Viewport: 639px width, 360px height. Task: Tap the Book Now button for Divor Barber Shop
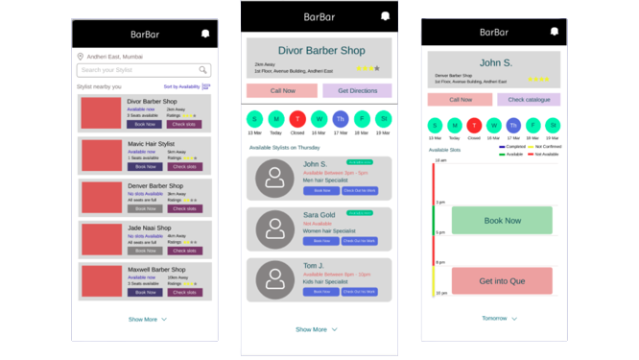tap(145, 124)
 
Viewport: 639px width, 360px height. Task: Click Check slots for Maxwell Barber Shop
tap(184, 293)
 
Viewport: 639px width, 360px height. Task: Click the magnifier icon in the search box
tap(203, 70)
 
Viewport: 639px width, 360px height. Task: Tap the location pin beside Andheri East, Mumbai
tap(80, 57)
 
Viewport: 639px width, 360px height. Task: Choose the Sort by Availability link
tap(181, 86)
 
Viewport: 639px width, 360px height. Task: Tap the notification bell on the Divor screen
tap(385, 16)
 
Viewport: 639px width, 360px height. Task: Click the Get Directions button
tap(357, 90)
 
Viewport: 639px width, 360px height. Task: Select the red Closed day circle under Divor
tap(297, 119)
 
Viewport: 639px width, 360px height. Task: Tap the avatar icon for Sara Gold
tap(274, 229)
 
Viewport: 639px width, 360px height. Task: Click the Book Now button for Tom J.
tap(321, 292)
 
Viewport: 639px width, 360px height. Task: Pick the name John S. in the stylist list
tap(315, 164)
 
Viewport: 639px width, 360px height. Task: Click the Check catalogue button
tap(529, 99)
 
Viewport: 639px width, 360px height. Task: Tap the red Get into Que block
tap(502, 281)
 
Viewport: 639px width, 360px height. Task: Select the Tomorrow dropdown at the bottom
tap(499, 318)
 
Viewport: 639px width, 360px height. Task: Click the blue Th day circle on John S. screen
tap(513, 125)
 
